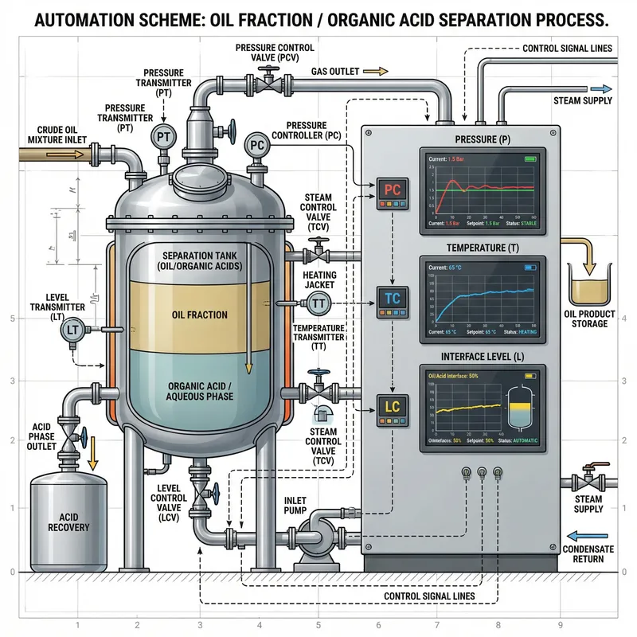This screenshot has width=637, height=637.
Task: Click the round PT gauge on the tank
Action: coord(163,137)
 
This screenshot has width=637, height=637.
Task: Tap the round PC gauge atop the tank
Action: coord(256,146)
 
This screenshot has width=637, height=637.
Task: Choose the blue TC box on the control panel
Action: coord(392,299)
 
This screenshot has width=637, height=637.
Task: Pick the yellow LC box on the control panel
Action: coord(392,407)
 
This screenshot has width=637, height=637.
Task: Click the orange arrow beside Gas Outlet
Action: coord(379,71)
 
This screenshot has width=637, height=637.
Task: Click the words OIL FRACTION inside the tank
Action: coord(199,315)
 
